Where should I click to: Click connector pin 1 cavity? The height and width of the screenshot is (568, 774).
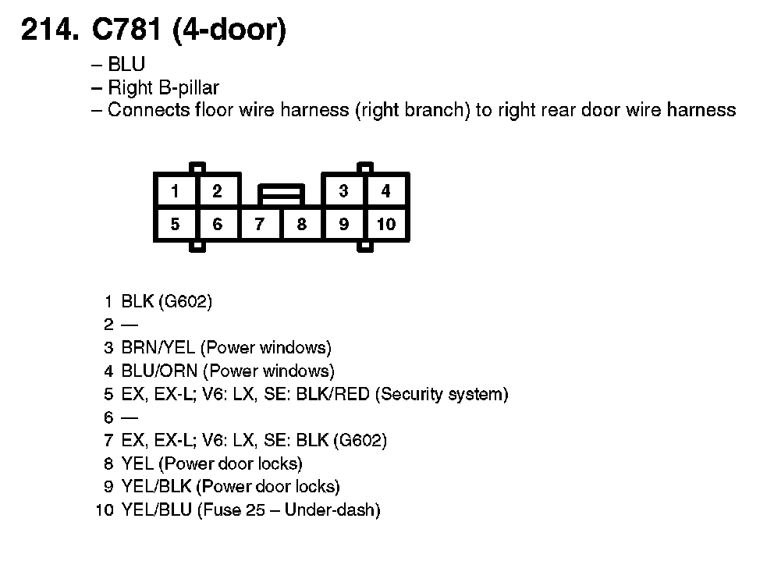coord(175,191)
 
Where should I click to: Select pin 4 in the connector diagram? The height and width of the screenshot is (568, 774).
coord(385,191)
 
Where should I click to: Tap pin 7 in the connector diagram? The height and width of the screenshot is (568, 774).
coord(259,225)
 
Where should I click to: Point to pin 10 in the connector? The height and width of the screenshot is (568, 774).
coord(386,225)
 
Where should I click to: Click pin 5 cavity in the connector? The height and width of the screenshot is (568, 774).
coord(175,225)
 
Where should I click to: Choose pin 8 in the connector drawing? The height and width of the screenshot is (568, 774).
coord(302,225)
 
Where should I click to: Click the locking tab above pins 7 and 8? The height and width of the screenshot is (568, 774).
coord(281,191)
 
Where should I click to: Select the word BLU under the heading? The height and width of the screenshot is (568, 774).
coord(126,66)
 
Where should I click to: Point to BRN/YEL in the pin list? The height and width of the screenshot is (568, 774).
coord(158,347)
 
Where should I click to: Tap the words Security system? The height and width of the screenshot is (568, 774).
coord(442,394)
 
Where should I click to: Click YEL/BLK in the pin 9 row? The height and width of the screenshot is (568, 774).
coord(156,488)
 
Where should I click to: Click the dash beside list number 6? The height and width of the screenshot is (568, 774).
coord(129,418)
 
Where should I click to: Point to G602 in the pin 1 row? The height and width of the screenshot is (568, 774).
coord(185,301)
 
